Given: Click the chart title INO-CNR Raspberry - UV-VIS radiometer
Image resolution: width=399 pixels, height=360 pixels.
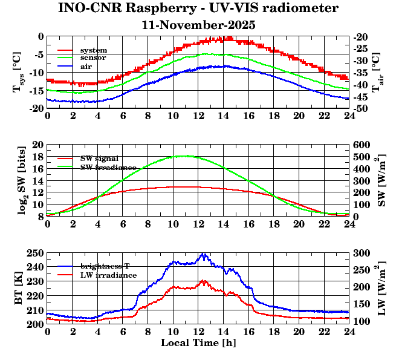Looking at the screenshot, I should tap(198, 8).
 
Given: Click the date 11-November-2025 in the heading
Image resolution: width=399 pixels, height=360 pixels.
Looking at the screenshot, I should tap(198, 25).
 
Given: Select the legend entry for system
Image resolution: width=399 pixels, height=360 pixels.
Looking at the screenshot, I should tap(94, 50).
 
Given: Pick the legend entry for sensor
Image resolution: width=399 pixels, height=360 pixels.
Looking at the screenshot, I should tap(93, 57).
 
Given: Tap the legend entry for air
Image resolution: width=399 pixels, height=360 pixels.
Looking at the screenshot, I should tap(86, 66).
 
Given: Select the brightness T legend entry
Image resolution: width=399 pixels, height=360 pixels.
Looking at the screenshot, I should tap(109, 266).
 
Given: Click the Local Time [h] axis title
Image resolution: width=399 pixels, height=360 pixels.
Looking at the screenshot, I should tap(198, 343).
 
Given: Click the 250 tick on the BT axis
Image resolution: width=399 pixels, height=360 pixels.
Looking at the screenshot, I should tap(36, 252).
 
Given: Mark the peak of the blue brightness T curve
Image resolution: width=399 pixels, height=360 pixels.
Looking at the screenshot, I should tap(203, 254).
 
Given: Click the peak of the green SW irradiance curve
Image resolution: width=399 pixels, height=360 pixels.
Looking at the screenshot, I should tap(184, 156).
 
